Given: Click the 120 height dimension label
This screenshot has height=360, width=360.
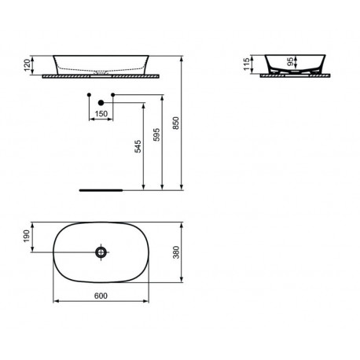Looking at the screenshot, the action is click(x=27, y=65).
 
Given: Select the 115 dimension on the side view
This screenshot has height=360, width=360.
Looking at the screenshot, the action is click(x=247, y=64).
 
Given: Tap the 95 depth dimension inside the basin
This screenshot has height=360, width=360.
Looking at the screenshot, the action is click(x=290, y=62).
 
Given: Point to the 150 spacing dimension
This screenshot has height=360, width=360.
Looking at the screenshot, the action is click(x=101, y=114).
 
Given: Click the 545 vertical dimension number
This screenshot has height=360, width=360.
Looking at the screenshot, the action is click(x=138, y=146).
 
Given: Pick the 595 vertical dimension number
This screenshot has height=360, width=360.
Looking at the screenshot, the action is click(x=156, y=134).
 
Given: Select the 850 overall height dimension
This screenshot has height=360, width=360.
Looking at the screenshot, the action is click(x=176, y=123).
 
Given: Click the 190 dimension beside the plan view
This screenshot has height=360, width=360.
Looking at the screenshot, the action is click(x=27, y=236).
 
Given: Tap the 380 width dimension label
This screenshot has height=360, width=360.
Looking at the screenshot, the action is click(x=176, y=252).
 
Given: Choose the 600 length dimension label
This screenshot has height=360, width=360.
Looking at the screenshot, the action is click(x=101, y=296).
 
